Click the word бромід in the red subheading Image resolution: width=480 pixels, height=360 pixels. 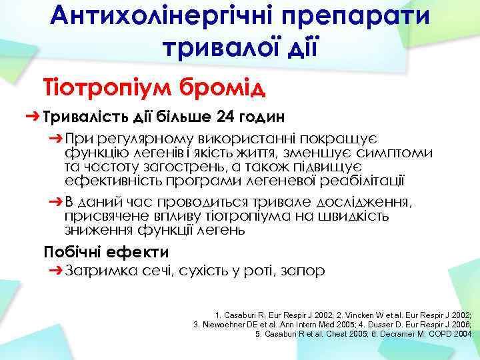[221, 87]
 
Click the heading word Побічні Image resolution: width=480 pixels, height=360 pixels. [73, 252]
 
